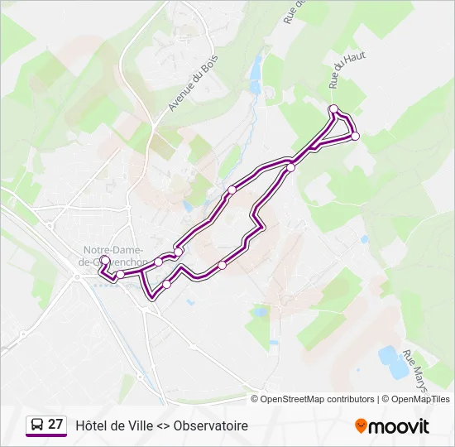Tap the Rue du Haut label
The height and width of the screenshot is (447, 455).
point(347,69)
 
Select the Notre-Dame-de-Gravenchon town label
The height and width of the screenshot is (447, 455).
point(114,256)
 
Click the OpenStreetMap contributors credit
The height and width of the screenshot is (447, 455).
point(318,399)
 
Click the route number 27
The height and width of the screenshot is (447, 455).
point(55,425)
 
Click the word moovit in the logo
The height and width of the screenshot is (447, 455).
point(399,426)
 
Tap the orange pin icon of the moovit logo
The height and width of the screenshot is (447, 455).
point(361,426)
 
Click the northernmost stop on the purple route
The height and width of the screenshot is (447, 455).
point(333,109)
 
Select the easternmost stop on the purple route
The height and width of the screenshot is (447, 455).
point(356,137)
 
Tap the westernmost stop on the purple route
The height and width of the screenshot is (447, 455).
point(105,261)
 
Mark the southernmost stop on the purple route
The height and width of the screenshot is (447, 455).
point(167,285)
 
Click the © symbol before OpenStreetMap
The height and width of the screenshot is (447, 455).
point(255,399)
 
